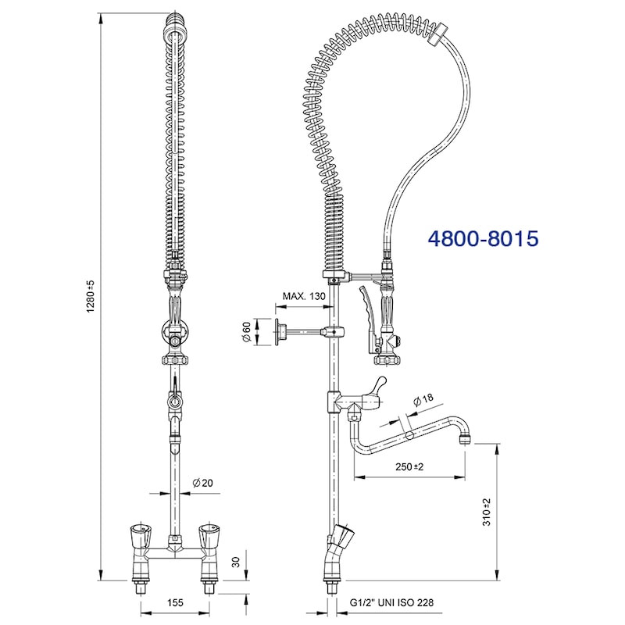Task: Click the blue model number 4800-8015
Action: tap(483, 239)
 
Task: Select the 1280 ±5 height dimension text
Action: tap(91, 296)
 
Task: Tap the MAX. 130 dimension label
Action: tap(304, 296)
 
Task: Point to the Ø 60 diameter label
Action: tap(246, 331)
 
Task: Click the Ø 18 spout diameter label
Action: tap(423, 399)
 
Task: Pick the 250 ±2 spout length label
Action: tap(409, 466)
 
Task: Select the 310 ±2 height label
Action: tap(487, 512)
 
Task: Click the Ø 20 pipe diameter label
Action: tap(202, 483)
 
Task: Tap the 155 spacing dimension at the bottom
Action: tap(175, 602)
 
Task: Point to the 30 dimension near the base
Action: tap(236, 562)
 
